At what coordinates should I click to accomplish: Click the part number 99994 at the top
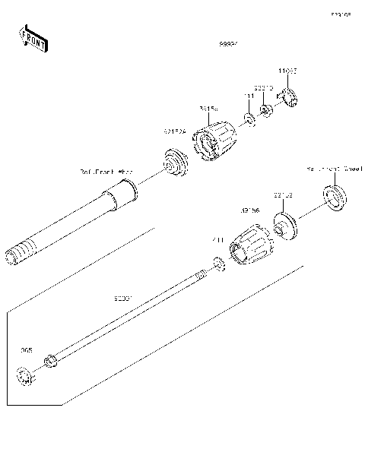[x=229, y=44]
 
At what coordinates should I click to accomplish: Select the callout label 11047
[x=287, y=70]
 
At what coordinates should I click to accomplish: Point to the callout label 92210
[x=263, y=87]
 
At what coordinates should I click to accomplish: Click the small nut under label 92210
[x=266, y=111]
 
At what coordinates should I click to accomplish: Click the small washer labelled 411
[x=219, y=263]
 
